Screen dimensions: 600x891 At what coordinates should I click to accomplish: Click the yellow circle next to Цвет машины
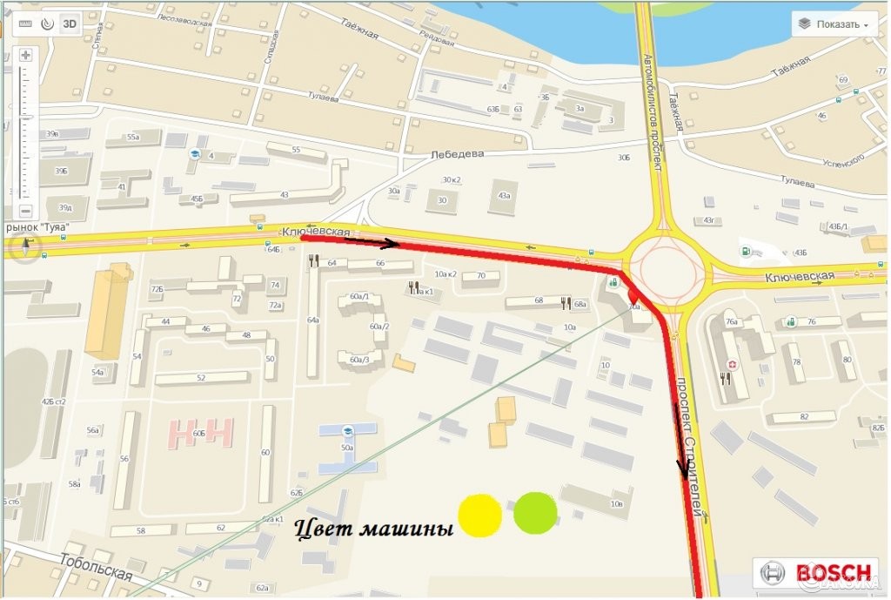479,514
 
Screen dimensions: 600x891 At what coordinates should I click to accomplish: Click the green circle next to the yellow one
535,512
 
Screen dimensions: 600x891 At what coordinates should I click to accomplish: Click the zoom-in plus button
25,55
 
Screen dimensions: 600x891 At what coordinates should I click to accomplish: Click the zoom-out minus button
25,211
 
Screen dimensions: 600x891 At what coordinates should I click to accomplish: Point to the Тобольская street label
97,572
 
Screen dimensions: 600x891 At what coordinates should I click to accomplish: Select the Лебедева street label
457,155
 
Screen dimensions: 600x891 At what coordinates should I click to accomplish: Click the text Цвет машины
374,527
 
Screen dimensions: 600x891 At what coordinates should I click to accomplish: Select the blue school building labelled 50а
348,448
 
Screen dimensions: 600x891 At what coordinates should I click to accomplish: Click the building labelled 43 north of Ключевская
284,195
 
